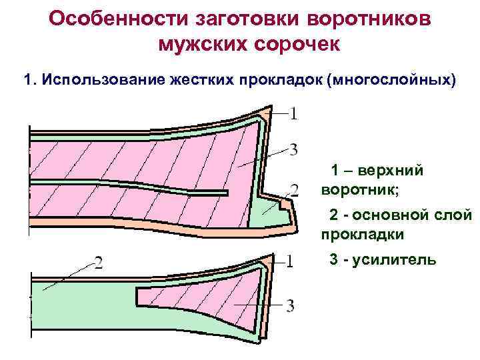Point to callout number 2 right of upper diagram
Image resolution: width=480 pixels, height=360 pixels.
(x=294, y=189)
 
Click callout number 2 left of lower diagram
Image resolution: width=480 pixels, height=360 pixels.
(x=97, y=263)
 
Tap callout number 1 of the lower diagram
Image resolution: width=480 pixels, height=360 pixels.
(x=289, y=261)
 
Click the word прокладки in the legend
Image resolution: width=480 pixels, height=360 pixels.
(x=363, y=235)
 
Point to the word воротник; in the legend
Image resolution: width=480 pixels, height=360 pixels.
(x=361, y=191)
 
